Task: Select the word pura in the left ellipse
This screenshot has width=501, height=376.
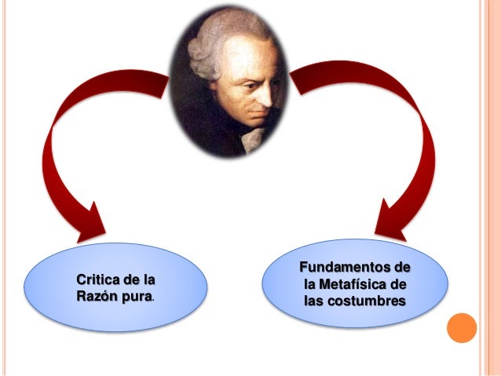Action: click(x=135, y=297)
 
